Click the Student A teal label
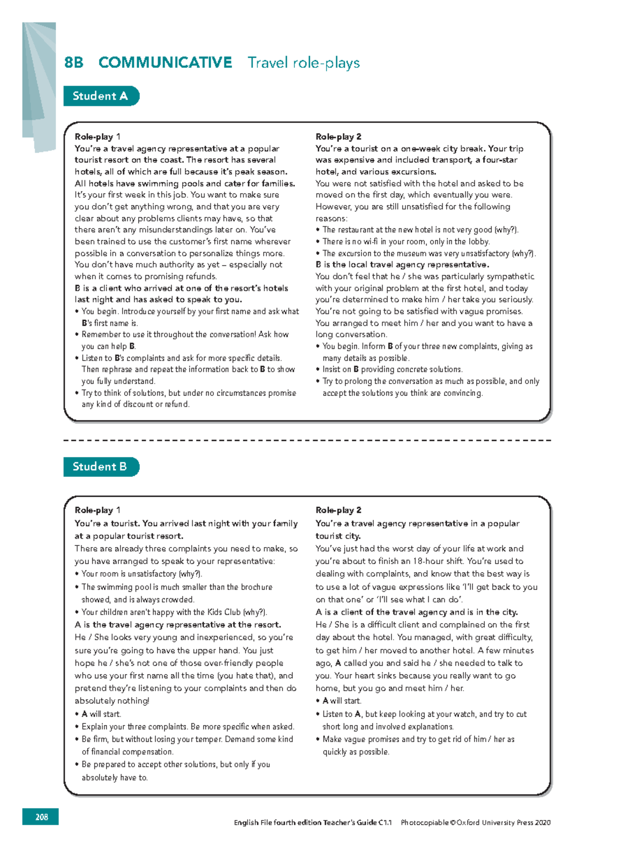coord(100,96)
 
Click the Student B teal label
coord(100,467)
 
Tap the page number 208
coord(41,817)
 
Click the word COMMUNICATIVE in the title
coord(165,63)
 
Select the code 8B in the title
coord(74,63)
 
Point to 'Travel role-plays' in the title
coord(304,63)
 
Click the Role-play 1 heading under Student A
coord(97,137)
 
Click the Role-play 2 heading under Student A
coord(338,137)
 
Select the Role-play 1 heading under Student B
coord(97,510)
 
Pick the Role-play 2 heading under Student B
coord(338,510)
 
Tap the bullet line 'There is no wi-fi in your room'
coord(405,241)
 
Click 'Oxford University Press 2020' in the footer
coord(503,823)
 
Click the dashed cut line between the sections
coord(306,440)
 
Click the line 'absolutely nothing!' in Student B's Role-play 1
coord(112,701)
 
